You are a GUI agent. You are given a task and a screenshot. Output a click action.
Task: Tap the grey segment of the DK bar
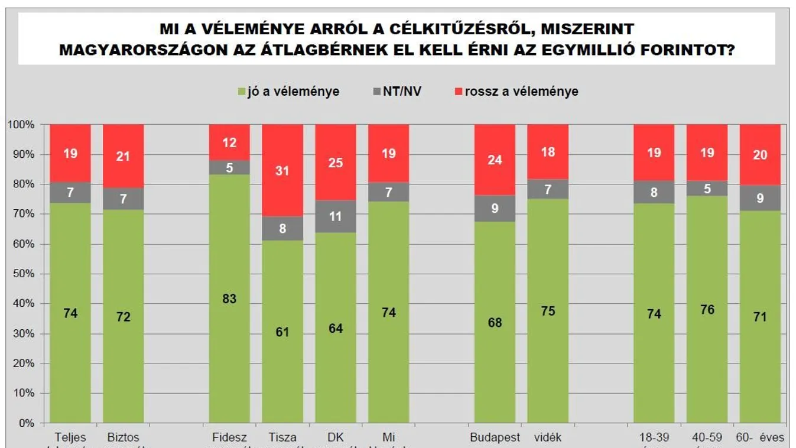coord(335,216)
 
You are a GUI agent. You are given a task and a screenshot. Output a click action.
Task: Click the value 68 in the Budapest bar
coord(495,323)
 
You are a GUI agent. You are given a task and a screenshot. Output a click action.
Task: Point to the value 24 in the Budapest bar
coord(495,160)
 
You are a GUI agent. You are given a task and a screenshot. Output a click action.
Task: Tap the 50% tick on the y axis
coord(21,274)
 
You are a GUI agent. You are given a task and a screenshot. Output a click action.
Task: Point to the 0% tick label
coord(24,423)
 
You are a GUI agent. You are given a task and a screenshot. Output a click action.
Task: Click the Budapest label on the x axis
coord(495,438)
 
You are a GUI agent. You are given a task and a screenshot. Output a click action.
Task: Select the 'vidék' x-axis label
coord(548,438)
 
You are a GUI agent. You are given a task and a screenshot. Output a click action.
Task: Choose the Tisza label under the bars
coord(282,438)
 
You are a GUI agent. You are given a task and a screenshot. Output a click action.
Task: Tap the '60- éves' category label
coord(760,438)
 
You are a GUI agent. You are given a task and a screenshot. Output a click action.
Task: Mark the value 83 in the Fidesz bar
coord(229,298)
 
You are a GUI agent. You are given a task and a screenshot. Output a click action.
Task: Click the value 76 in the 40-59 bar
coord(707,310)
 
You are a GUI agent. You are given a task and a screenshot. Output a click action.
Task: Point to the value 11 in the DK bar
coord(336,216)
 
